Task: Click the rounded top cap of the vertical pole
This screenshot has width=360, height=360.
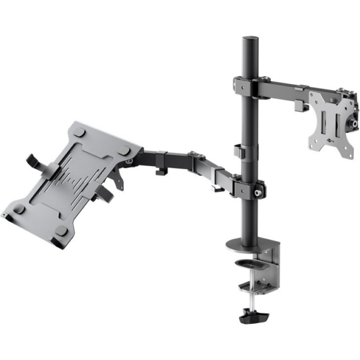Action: pos(248,40)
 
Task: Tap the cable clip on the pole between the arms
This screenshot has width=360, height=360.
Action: pos(238,151)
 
